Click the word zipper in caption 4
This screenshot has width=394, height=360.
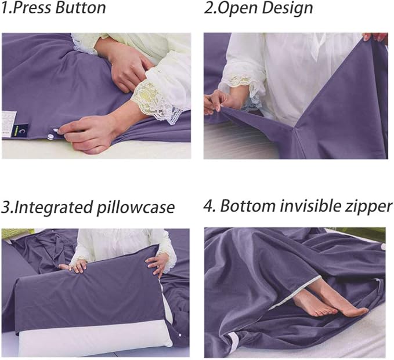pos(368,206)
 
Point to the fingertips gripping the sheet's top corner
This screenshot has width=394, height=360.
pos(377,37)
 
